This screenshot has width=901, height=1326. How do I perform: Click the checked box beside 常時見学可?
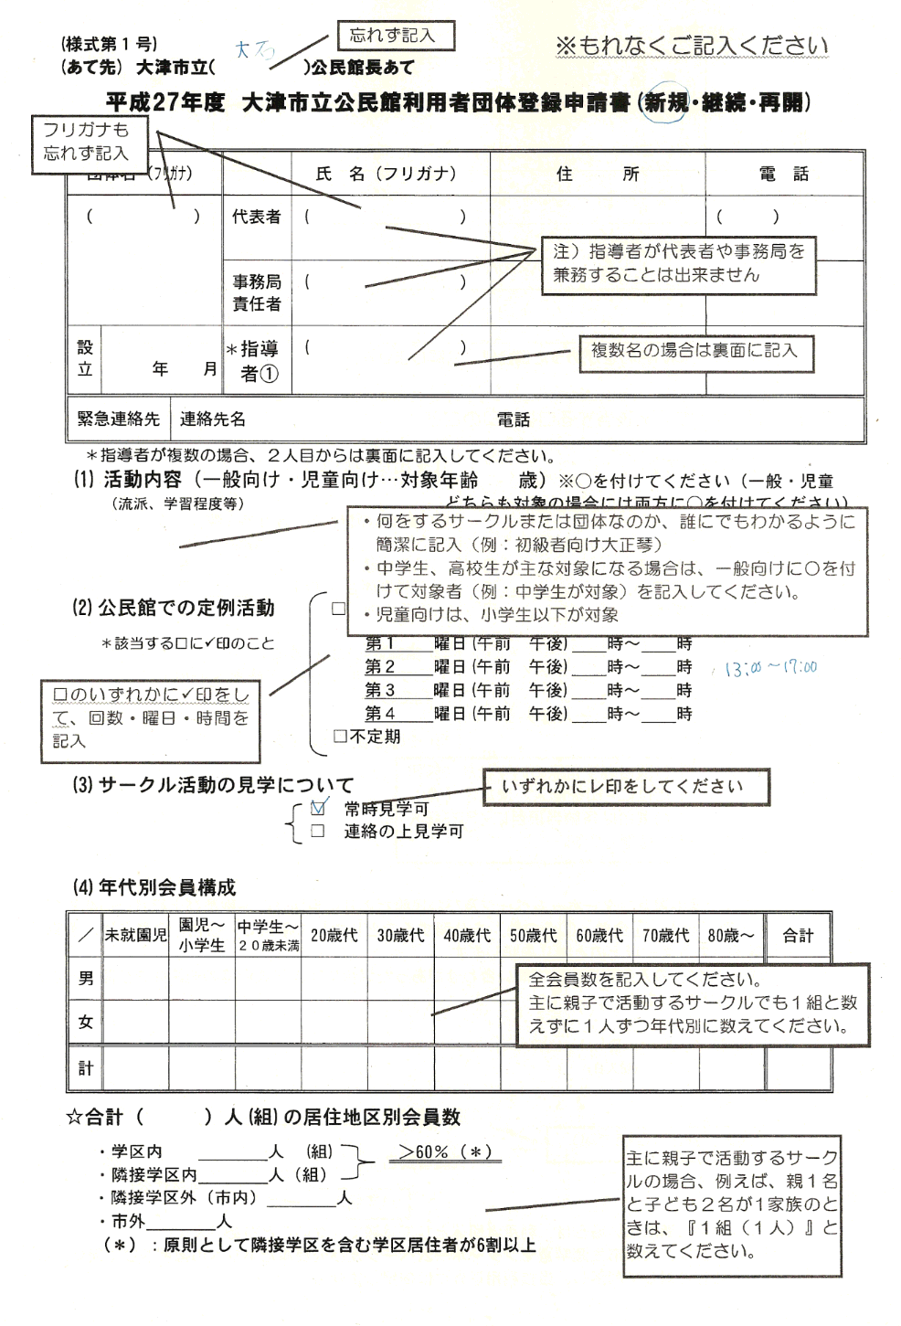click(318, 807)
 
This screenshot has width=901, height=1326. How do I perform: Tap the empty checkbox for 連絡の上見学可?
click(318, 832)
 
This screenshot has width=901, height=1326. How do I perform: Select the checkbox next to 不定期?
click(340, 736)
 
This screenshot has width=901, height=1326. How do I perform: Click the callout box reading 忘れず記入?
click(396, 36)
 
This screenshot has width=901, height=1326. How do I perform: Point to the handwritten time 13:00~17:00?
click(770, 668)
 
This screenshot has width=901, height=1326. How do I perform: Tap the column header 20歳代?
click(334, 935)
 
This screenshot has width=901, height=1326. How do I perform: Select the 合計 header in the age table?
click(797, 935)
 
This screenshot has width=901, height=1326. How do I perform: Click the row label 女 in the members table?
click(86, 1022)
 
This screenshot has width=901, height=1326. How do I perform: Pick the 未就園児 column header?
click(135, 935)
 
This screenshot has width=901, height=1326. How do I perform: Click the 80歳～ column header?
click(731, 935)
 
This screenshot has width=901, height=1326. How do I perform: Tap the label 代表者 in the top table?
click(256, 217)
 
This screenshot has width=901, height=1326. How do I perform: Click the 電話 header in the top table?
click(783, 175)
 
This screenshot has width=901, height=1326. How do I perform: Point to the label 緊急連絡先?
click(119, 419)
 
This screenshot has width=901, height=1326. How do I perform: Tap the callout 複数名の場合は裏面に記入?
click(695, 351)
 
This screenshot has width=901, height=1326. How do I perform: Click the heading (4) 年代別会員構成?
click(154, 887)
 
